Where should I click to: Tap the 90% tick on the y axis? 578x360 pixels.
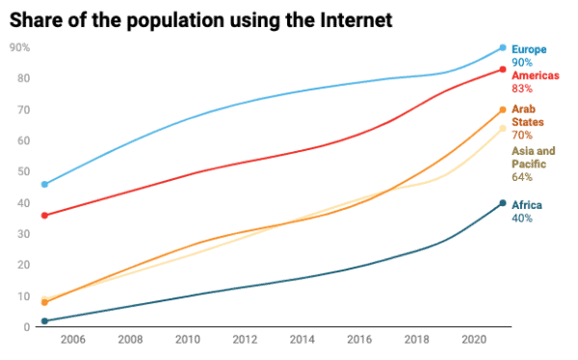click(20, 47)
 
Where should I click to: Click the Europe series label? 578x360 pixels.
click(530, 48)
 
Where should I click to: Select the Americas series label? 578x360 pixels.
click(536, 75)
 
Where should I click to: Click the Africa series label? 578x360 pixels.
click(527, 205)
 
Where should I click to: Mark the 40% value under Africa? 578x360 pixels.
click(522, 219)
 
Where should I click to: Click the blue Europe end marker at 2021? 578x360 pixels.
click(502, 47)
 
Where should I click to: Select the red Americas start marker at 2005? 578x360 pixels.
click(44, 215)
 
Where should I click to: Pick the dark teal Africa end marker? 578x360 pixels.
click(502, 203)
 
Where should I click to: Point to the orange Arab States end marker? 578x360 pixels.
click(502, 110)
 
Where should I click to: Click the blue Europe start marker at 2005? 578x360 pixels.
click(44, 184)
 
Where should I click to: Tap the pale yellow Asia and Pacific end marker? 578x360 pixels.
click(502, 128)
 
